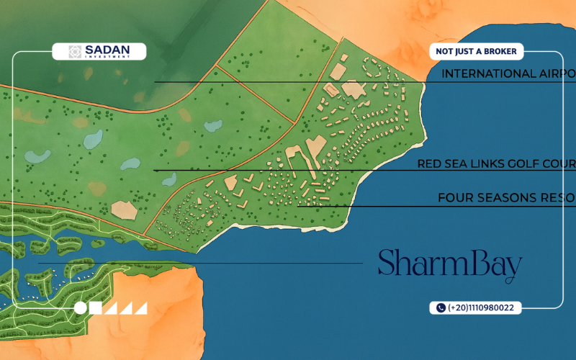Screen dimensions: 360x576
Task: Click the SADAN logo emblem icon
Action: (75, 51)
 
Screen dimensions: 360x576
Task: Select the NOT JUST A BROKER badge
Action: (476, 51)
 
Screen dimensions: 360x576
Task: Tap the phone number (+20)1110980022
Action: (480, 307)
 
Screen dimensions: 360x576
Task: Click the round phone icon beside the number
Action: (440, 307)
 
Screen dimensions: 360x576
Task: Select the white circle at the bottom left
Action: (80, 308)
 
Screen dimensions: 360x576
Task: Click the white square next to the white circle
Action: (95, 308)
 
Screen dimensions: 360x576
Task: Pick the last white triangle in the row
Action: (141, 309)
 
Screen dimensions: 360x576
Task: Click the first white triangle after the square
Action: (111, 309)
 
